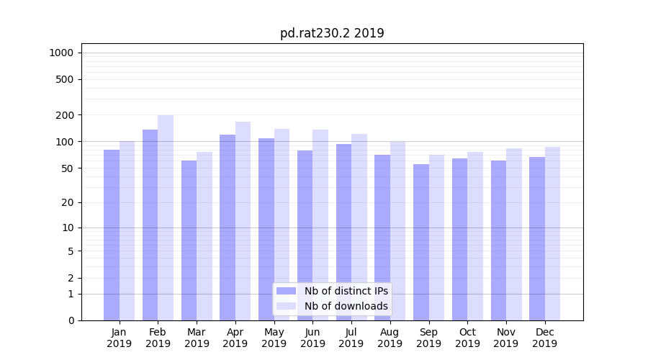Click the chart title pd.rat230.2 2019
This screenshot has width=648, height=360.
point(332,33)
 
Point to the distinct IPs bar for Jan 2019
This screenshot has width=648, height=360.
point(112,235)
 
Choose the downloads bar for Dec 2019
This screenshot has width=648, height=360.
point(552,233)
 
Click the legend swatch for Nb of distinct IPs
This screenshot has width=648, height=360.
point(286,291)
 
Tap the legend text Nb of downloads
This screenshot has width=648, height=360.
point(346,306)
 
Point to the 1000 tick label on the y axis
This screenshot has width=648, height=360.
point(61,53)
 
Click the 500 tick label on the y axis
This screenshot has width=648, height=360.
point(66,79)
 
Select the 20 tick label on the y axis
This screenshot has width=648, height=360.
point(68,202)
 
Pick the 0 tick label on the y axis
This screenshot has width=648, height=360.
point(71,320)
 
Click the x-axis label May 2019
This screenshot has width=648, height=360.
point(274,338)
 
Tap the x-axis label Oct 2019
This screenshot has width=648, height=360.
point(467,338)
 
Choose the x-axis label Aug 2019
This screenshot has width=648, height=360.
point(390,338)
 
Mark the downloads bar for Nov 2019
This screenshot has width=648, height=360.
point(514,234)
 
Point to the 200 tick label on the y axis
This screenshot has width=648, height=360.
point(66,115)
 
